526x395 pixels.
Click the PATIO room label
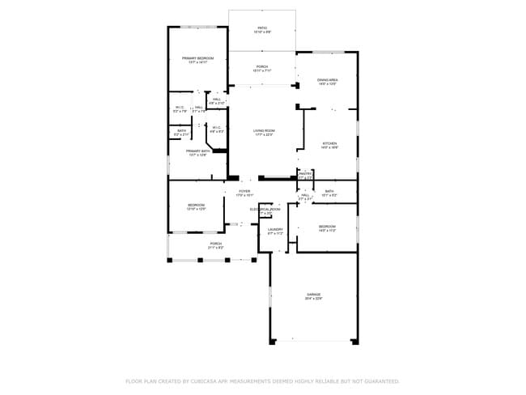262,28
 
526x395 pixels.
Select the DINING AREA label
327,79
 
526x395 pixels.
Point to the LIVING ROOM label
263,131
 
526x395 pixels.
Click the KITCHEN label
329,143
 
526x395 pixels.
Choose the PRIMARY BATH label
197,151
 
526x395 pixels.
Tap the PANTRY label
305,173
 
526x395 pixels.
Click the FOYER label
244,191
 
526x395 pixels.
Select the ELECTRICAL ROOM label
265,210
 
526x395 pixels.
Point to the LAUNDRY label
275,229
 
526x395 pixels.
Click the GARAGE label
313,294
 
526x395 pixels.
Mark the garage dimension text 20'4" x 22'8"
313,299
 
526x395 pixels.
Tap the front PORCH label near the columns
215,243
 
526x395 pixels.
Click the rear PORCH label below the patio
262,66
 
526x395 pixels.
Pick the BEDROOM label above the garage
326,226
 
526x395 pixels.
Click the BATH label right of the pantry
329,191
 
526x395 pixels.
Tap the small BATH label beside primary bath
181,130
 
